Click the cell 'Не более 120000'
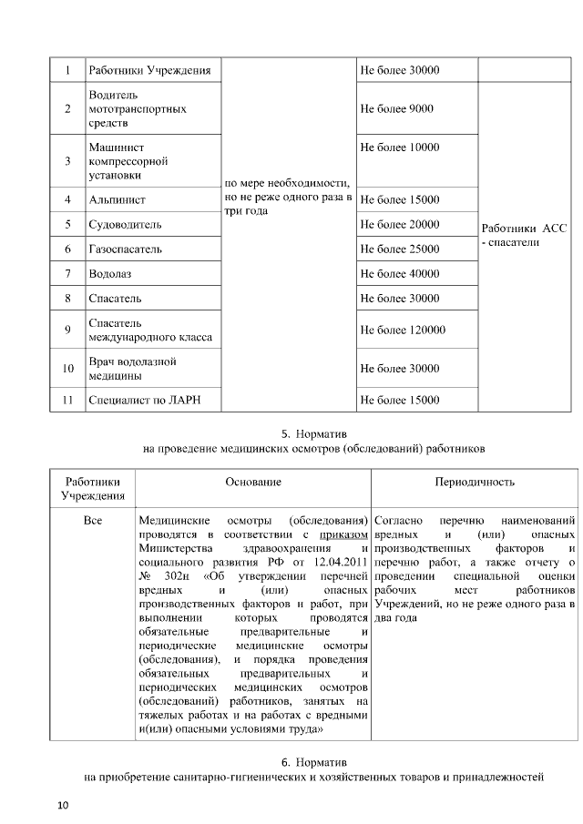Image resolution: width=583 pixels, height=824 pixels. (x=403, y=331)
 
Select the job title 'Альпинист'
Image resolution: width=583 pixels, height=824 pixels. (x=118, y=199)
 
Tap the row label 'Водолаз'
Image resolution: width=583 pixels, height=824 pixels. (x=110, y=274)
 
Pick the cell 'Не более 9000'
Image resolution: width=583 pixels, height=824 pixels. (x=397, y=108)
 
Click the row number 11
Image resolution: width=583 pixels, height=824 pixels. (x=67, y=400)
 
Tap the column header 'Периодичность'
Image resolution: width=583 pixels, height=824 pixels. (x=475, y=482)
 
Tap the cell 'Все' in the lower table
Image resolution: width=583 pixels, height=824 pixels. (x=92, y=520)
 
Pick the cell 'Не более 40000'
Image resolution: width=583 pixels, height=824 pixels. (x=400, y=274)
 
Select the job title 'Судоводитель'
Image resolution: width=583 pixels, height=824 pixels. (x=125, y=224)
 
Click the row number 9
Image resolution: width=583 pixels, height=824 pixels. (x=67, y=331)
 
